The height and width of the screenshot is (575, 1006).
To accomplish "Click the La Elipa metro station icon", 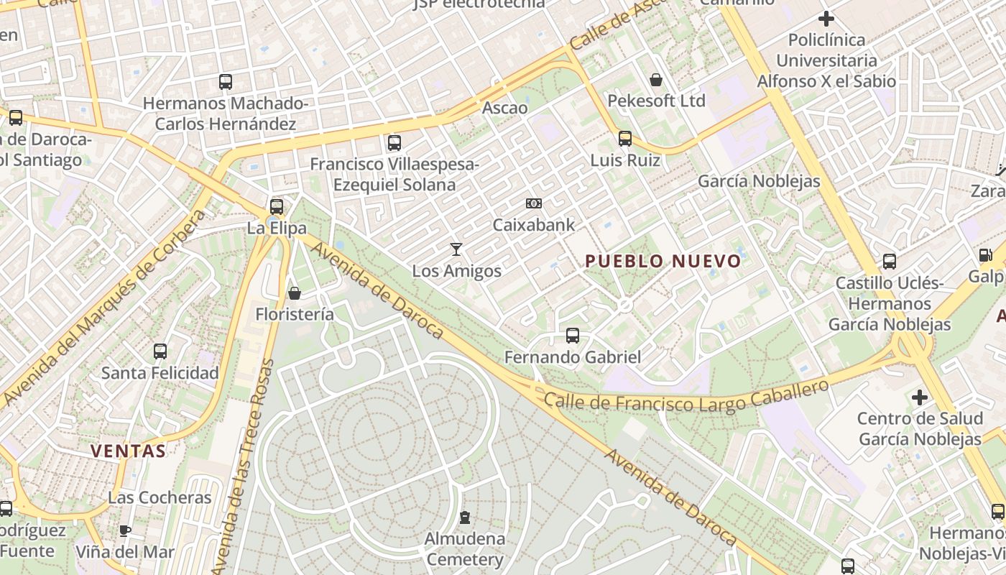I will [x=277, y=207].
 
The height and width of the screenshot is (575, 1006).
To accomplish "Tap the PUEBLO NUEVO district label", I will [x=663, y=261].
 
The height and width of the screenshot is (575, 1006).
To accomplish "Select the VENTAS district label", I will [x=129, y=451].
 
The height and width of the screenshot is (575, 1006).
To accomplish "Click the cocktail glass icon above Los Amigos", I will [x=456, y=249].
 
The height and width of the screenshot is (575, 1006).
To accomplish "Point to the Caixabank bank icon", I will [x=533, y=203].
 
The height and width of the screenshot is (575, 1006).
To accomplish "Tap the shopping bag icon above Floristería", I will [x=294, y=293].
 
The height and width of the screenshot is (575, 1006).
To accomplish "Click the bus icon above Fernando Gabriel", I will [x=573, y=335].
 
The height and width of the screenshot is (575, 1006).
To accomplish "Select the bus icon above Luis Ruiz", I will [x=625, y=138].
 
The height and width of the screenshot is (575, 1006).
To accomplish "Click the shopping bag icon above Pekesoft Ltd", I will [x=656, y=79].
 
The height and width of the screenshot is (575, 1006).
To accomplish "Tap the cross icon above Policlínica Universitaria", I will [x=826, y=18].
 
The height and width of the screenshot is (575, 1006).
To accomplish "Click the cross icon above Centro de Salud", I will [x=920, y=397].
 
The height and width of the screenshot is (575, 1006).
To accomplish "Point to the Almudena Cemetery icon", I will [x=465, y=517].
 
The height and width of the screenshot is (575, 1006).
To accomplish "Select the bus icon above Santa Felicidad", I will [x=160, y=351].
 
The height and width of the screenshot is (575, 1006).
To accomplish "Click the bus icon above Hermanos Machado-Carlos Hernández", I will [x=226, y=82].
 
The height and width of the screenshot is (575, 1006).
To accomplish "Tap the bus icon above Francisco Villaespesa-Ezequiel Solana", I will [x=394, y=142].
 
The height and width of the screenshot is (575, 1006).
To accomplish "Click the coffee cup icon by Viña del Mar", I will [x=125, y=531].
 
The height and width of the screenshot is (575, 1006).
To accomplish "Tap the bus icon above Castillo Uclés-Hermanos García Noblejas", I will [x=890, y=262].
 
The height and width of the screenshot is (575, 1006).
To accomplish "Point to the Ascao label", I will [x=504, y=108].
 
